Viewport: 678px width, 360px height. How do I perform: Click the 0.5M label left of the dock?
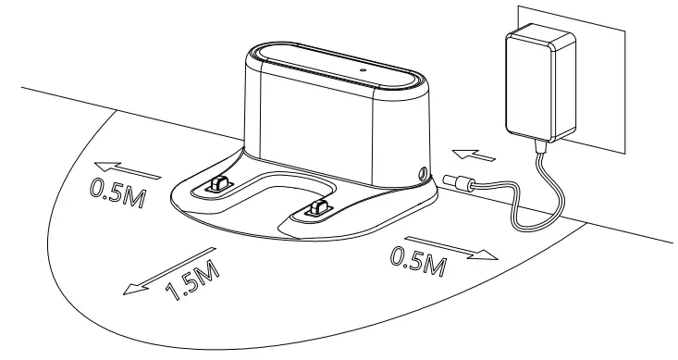(x=112, y=192)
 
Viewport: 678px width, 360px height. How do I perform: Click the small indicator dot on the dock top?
(x=363, y=68)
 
